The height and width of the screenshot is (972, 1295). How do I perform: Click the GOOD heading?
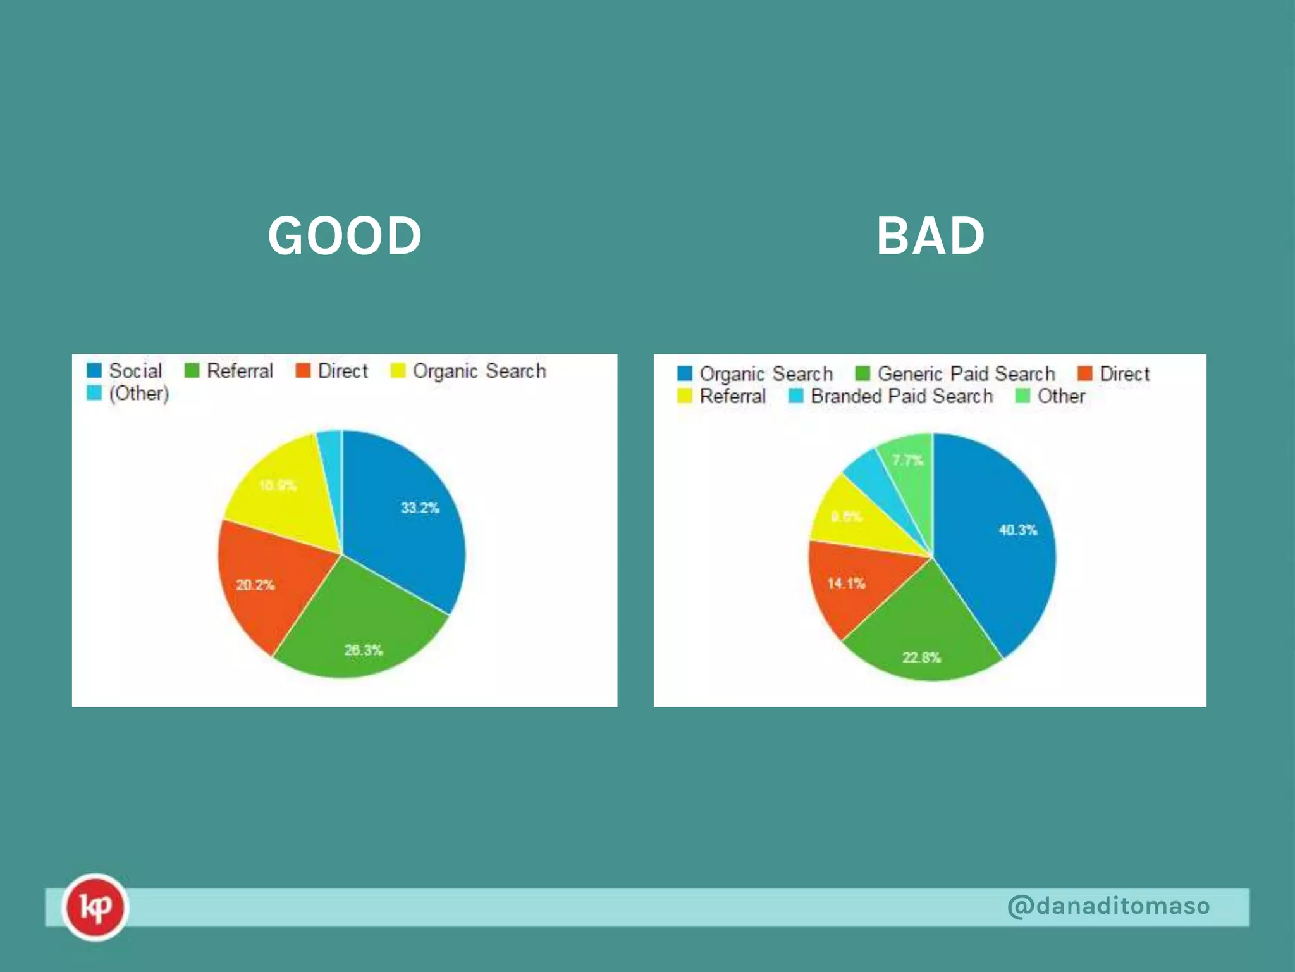345,235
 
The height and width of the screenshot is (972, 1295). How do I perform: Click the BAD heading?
930,235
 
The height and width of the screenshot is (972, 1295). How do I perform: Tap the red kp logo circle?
95,907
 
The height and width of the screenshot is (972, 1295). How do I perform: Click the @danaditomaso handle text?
1108,906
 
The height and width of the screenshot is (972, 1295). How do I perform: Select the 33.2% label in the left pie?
420,508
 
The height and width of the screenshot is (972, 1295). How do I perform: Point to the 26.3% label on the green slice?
364,650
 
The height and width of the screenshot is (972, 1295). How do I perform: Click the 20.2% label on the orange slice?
255,585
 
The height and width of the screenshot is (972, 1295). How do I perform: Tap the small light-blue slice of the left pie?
331,449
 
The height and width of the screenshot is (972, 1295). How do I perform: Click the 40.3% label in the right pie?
1018,530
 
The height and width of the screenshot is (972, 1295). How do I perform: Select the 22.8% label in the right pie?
921,657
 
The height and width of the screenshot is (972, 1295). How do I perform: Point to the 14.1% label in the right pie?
846,583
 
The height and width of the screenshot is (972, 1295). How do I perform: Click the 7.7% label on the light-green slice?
908,460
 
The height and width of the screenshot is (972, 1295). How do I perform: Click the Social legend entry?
125,371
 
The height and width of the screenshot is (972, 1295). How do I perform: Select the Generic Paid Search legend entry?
955,373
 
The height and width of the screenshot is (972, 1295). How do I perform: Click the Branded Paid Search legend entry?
892,396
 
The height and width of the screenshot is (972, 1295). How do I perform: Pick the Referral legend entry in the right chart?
722,396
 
